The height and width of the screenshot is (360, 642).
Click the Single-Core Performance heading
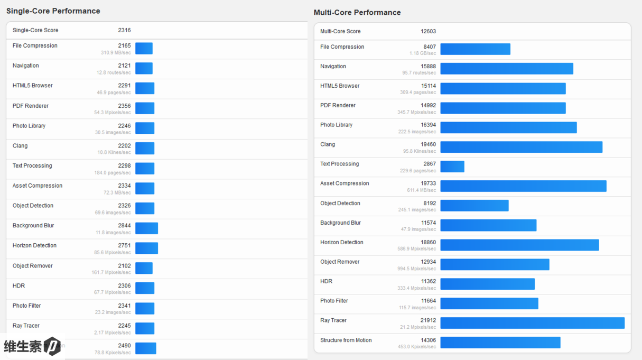pos(53,11)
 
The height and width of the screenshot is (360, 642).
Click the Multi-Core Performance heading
pos(357,13)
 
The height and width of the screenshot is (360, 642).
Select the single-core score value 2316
pos(124,30)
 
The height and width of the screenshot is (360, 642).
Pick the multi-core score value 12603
pos(428,31)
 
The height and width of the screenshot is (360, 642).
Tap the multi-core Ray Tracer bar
pos(532,323)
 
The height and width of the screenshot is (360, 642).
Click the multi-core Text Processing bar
pos(452,167)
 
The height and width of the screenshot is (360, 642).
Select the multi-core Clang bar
pos(521,147)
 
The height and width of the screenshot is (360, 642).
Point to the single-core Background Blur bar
pos(146,228)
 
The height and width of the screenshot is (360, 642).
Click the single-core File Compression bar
pos(144,49)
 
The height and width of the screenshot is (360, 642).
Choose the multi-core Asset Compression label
pos(345,183)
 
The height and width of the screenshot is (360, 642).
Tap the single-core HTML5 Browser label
pos(33,86)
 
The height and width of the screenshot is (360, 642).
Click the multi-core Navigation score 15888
pos(428,67)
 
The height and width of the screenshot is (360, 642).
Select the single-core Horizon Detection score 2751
pos(124,246)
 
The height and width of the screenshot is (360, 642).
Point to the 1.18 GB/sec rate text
pos(423,53)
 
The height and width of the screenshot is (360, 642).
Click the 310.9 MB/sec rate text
pos(116,53)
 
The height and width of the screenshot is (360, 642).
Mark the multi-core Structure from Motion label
pos(346,340)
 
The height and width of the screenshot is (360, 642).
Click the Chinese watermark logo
pos(32,346)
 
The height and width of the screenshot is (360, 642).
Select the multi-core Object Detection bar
pos(474,206)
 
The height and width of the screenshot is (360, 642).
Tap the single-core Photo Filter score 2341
pos(124,306)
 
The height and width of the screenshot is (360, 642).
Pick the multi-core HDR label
pos(326,281)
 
